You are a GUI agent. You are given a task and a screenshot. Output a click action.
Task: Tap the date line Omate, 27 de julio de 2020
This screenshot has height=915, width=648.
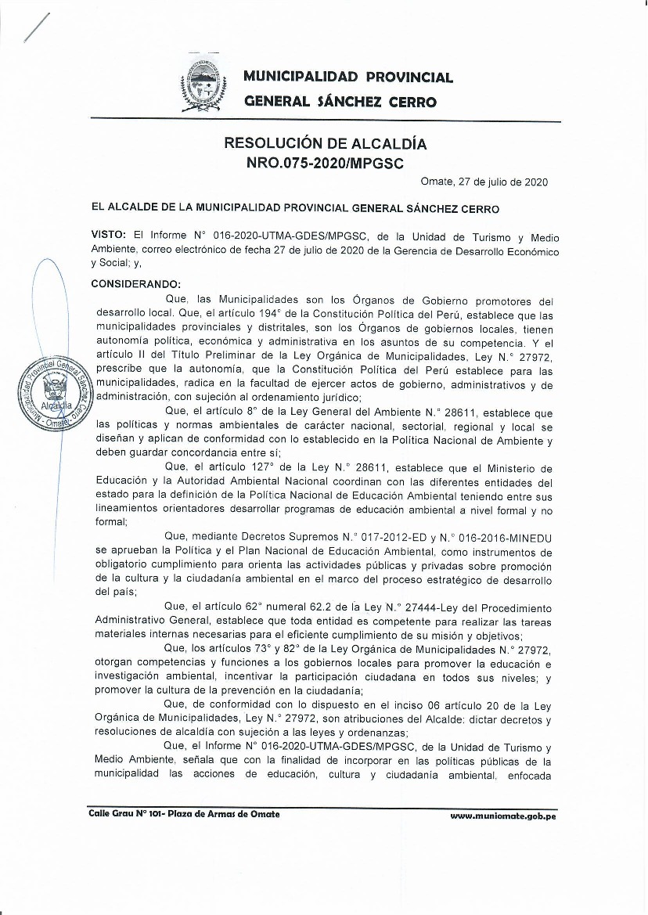(484, 182)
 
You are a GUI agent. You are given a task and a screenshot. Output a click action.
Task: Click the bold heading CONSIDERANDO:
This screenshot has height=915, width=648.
(136, 283)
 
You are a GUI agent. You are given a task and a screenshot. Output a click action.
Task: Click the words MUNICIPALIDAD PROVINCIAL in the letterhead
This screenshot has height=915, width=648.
(348, 77)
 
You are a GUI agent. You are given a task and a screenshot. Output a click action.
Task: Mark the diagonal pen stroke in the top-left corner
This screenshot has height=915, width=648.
(36, 29)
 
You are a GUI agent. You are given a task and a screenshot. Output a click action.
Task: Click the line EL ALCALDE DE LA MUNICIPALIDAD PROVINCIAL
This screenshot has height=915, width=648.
(295, 209)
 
